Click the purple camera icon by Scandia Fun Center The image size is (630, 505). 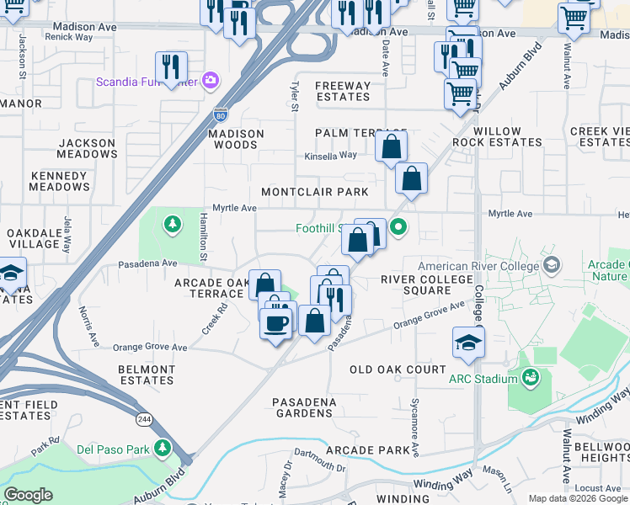(x=211, y=81)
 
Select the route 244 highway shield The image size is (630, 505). (x=137, y=417)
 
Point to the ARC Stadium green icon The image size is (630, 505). (x=531, y=378)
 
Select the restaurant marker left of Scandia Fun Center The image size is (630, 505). (x=171, y=66)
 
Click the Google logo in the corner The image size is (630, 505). (x=28, y=494)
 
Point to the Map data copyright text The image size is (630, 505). (x=578, y=498)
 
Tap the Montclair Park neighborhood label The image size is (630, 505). (x=314, y=192)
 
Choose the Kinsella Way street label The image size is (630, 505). (x=331, y=156)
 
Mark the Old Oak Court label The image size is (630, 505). (x=398, y=369)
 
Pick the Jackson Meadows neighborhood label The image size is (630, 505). (x=88, y=149)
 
